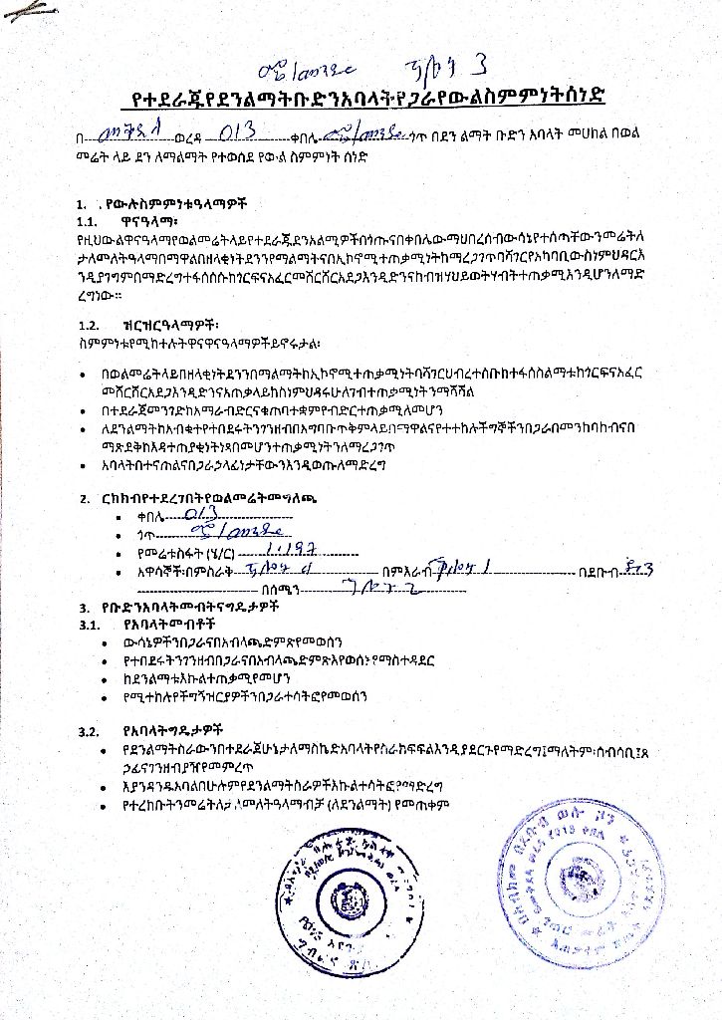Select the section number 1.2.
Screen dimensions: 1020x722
pos(90,325)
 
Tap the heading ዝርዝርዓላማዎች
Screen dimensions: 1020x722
pos(166,325)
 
